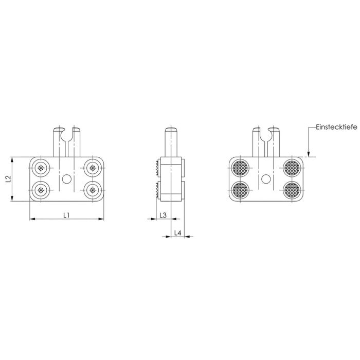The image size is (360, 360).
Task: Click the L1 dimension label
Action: pyautogui.click(x=66, y=215)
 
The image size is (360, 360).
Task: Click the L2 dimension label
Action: pyautogui.click(x=8, y=179)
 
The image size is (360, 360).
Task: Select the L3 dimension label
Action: pyautogui.click(x=163, y=215)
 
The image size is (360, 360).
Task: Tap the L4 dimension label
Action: pyautogui.click(x=178, y=233)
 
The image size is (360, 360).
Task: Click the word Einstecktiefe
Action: pyautogui.click(x=336, y=127)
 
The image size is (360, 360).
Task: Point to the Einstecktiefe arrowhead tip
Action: pyautogui.click(x=309, y=157)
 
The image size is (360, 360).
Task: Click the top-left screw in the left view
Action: pyautogui.click(x=41, y=168)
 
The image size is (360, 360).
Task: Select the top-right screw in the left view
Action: pyautogui.click(x=93, y=168)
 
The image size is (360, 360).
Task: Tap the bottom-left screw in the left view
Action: pyautogui.click(x=41, y=190)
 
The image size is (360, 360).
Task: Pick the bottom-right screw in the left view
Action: pyautogui.click(x=93, y=190)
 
